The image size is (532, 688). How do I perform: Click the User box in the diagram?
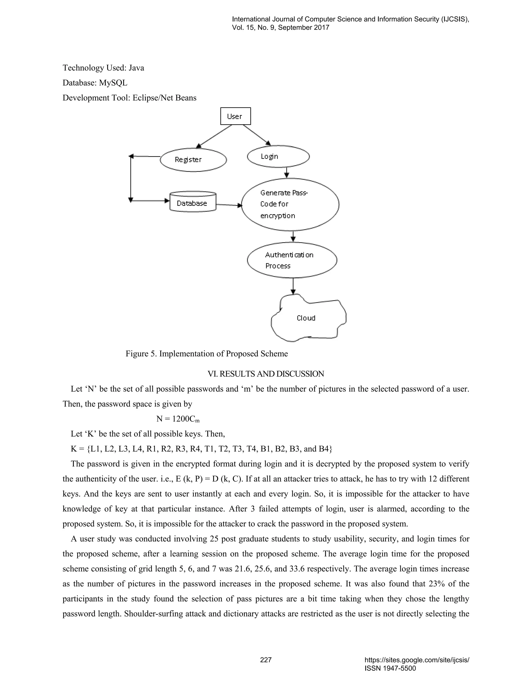[x=235, y=116]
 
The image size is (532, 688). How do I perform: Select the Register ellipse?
[x=193, y=160]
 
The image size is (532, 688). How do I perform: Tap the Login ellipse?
[x=278, y=156]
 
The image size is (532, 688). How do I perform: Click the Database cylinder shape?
[x=192, y=202]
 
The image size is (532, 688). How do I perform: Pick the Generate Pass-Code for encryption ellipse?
[x=290, y=204]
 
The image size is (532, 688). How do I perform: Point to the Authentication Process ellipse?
[x=292, y=260]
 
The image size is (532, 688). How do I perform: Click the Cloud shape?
[x=307, y=318]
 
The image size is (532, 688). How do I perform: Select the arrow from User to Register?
[x=214, y=136]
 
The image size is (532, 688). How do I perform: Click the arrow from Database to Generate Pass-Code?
[x=229, y=205]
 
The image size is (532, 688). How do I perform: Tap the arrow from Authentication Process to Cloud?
[x=293, y=286]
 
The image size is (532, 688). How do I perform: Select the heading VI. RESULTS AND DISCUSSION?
[x=266, y=374]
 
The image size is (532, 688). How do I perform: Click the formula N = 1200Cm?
[x=178, y=419]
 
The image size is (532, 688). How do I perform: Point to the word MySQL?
[x=113, y=83]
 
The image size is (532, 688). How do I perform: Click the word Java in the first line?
[x=136, y=68]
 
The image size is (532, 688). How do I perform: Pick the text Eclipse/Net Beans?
[x=164, y=98]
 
